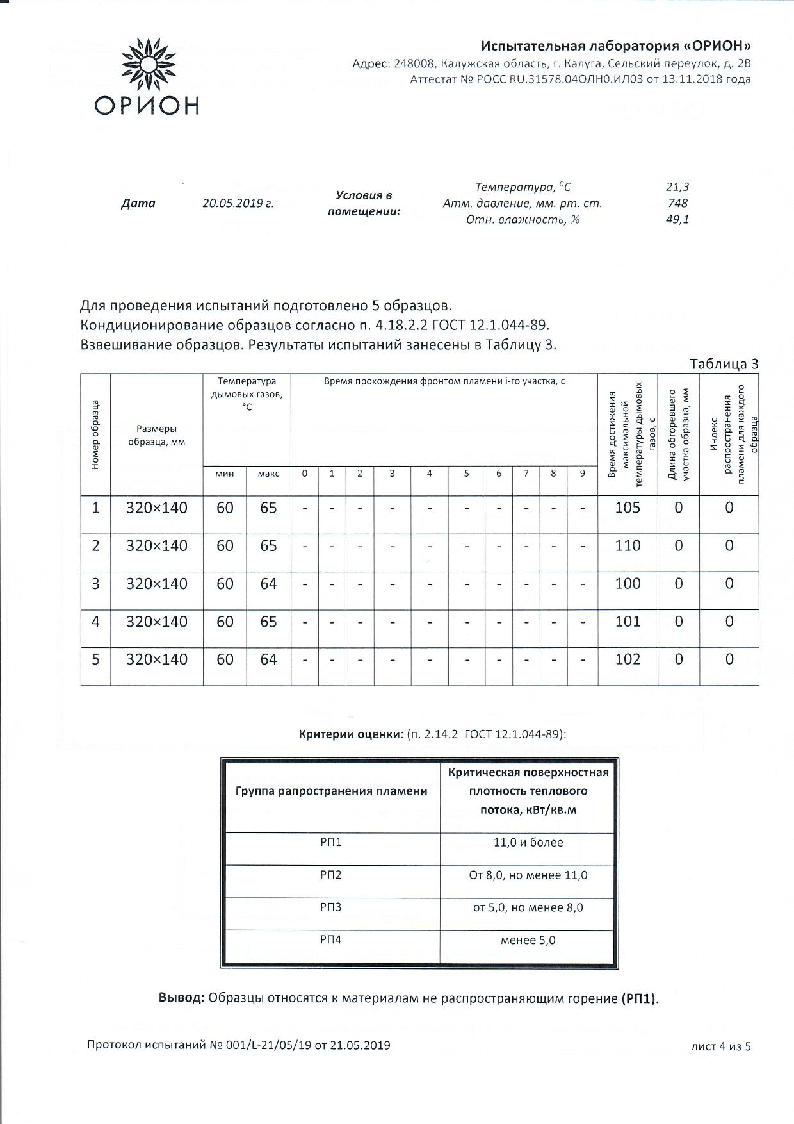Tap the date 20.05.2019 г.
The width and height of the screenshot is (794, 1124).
click(238, 203)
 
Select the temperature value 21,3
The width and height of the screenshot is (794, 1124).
click(677, 186)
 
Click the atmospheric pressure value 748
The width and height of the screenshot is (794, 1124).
click(677, 203)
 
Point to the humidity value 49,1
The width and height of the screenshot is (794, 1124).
click(677, 219)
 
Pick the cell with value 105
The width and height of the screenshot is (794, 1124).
click(627, 508)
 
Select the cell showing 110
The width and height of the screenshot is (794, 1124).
click(627, 545)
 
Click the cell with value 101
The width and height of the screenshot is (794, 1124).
click(627, 621)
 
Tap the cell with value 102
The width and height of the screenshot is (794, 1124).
click(627, 659)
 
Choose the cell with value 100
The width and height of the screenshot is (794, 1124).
click(627, 583)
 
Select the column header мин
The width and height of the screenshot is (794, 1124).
click(224, 473)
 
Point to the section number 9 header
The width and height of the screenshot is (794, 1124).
click(582, 473)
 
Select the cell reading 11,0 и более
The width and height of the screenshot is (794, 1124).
click(528, 842)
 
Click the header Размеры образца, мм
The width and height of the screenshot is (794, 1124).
click(157, 435)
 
